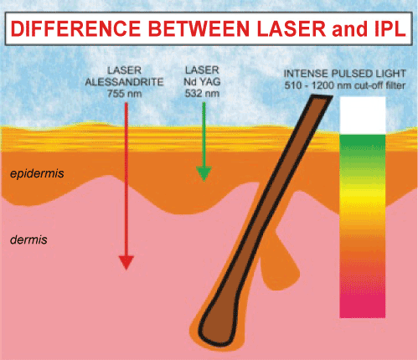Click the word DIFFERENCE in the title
click(x=75, y=28)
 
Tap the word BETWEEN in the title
click(x=199, y=28)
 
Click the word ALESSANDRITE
click(x=124, y=82)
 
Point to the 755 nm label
click(x=125, y=94)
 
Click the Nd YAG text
click(x=202, y=82)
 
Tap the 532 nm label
click(x=202, y=93)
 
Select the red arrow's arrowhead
click(x=126, y=262)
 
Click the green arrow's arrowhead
click(x=204, y=174)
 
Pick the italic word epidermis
click(x=37, y=173)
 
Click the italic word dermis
click(x=28, y=239)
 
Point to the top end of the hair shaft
click(x=322, y=97)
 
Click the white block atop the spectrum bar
click(x=363, y=116)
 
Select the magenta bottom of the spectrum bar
click(x=363, y=304)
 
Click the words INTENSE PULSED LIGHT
click(x=344, y=74)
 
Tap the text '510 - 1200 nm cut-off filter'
click(x=344, y=85)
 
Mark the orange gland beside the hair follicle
click(x=279, y=264)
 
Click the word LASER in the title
click(x=292, y=28)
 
